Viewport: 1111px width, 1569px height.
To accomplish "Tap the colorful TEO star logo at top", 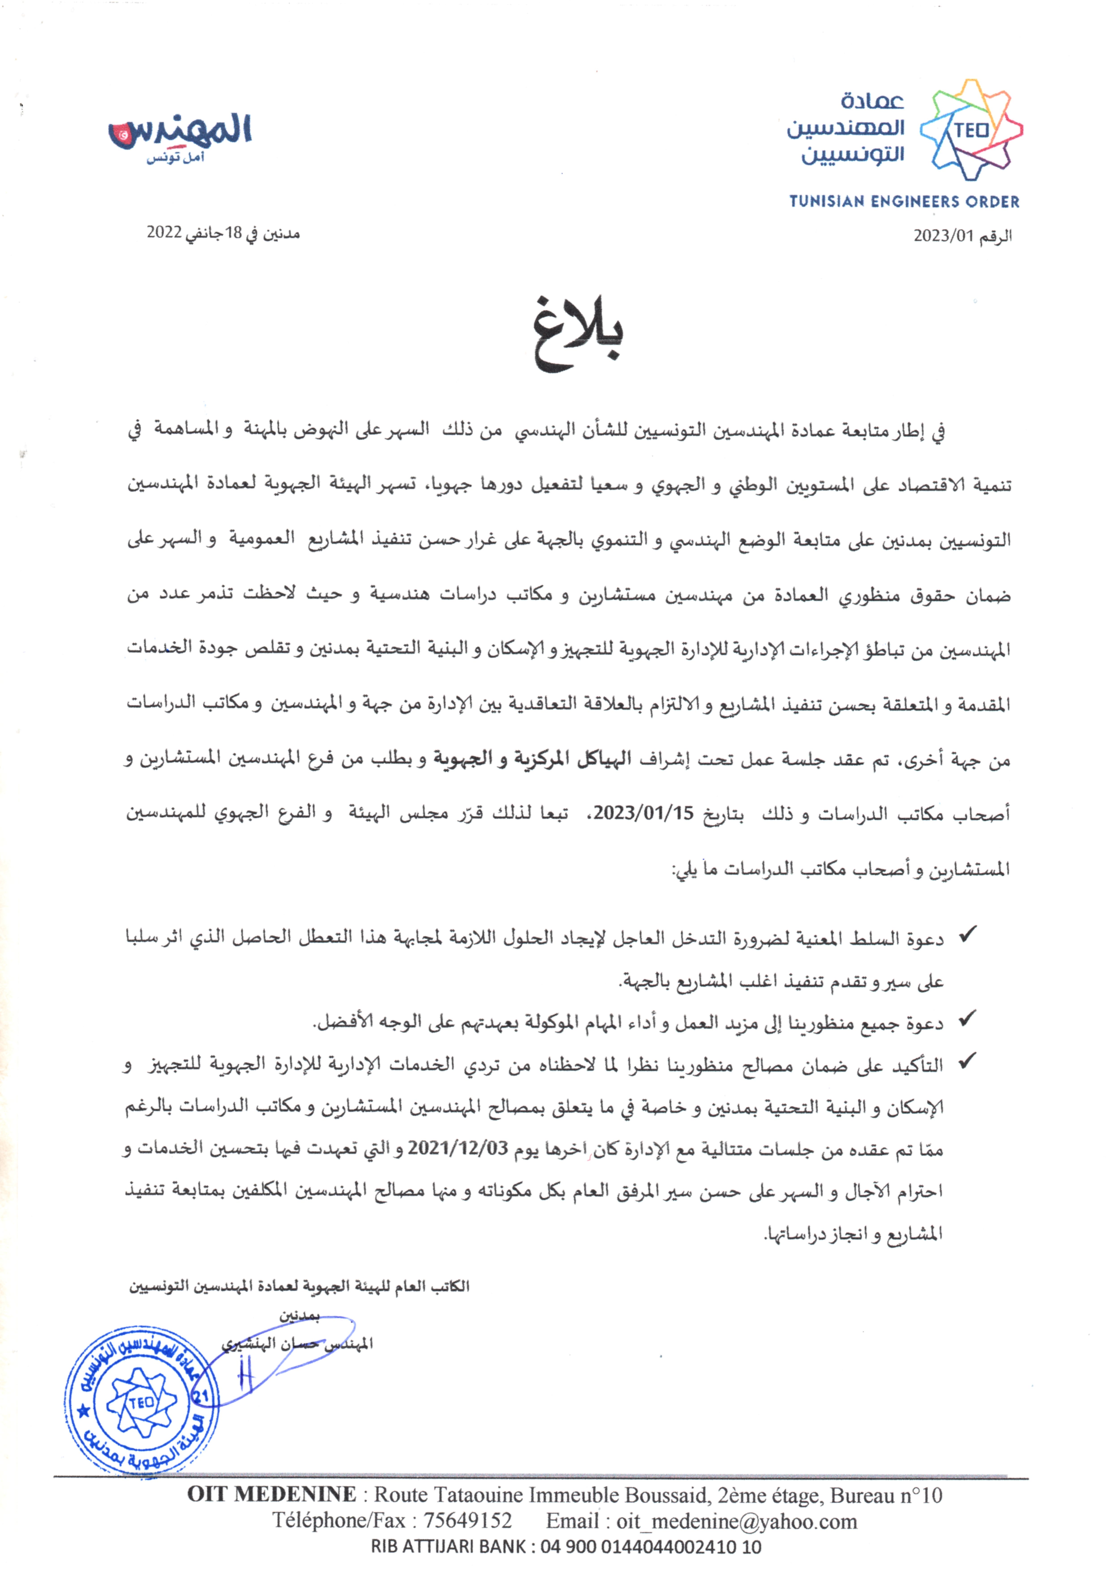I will click(x=972, y=130).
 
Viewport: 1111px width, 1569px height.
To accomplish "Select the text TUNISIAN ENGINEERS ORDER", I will click(x=904, y=202).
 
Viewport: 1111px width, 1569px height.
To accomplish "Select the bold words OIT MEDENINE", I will click(x=272, y=1494).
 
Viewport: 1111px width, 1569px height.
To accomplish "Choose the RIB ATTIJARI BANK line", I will click(x=566, y=1546).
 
